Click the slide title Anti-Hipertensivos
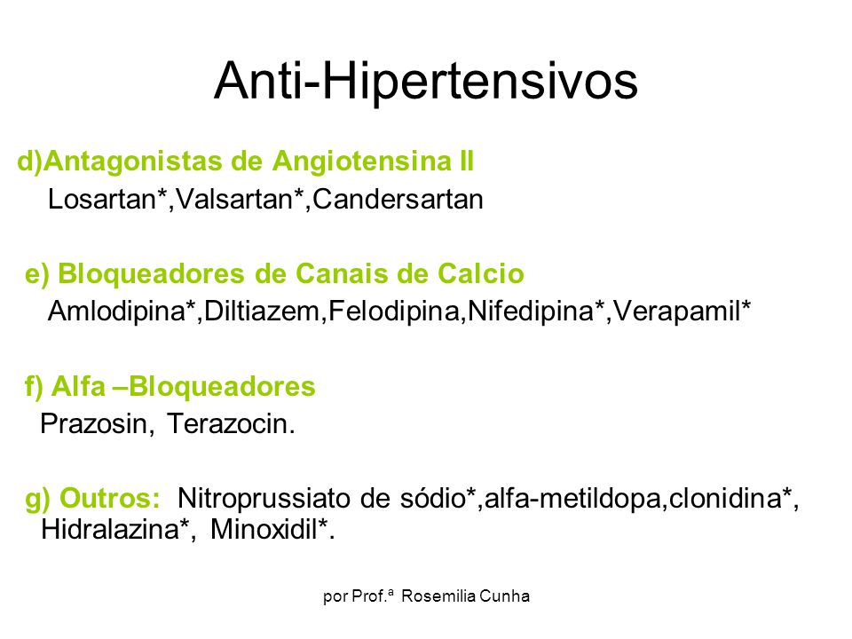pyautogui.click(x=425, y=82)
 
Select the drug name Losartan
pyautogui.click(x=101, y=200)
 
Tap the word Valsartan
pyautogui.click(x=234, y=200)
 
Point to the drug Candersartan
pyautogui.click(x=398, y=200)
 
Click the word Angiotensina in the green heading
pyautogui.click(x=362, y=162)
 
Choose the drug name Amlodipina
pyautogui.click(x=116, y=312)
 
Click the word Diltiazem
pyautogui.click(x=262, y=312)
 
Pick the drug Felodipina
pyautogui.click(x=394, y=312)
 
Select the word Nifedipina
pyautogui.click(x=531, y=312)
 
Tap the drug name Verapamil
pyautogui.click(x=677, y=312)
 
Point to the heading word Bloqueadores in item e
pyautogui.click(x=151, y=274)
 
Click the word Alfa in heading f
pyautogui.click(x=78, y=386)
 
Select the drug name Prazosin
pyautogui.click(x=93, y=424)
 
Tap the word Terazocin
pyautogui.click(x=227, y=424)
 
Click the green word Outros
pyautogui.click(x=109, y=498)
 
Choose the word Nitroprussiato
pyautogui.click(x=264, y=498)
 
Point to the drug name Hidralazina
pyautogui.click(x=110, y=529)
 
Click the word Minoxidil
pyautogui.click(x=264, y=529)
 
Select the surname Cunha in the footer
pyautogui.click(x=505, y=596)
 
